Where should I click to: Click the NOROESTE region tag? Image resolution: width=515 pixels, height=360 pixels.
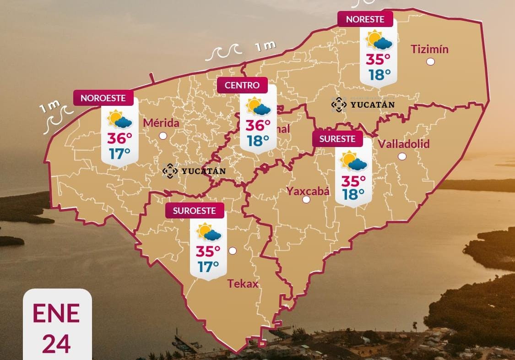(x=106, y=98)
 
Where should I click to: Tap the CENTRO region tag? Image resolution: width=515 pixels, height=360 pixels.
(x=242, y=85)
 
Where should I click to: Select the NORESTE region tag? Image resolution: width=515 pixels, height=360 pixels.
(x=365, y=19)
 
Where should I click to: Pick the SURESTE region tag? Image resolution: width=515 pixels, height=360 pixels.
(x=337, y=139)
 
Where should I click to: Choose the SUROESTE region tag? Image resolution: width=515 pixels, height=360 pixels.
(x=195, y=211)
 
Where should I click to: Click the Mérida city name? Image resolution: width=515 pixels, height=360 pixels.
(x=161, y=123)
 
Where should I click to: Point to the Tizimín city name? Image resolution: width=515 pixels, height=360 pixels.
(x=429, y=49)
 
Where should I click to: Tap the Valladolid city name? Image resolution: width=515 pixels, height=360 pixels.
(x=404, y=144)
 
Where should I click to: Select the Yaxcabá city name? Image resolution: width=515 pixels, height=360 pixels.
(x=308, y=191)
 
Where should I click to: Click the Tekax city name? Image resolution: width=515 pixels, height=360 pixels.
(x=243, y=284)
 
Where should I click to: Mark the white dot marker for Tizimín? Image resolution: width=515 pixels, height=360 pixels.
(x=430, y=62)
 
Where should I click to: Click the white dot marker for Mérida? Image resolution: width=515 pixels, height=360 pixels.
(x=163, y=136)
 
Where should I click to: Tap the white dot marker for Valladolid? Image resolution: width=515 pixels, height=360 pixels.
(x=402, y=156)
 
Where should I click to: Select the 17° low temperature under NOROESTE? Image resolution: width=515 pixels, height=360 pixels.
(x=119, y=153)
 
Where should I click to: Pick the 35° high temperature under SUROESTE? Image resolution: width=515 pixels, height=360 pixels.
(x=208, y=251)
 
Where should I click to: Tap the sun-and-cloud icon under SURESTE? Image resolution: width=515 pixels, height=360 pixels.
(x=353, y=161)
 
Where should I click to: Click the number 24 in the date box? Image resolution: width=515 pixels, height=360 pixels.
(x=57, y=344)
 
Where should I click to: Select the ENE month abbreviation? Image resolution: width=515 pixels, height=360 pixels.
(x=56, y=313)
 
